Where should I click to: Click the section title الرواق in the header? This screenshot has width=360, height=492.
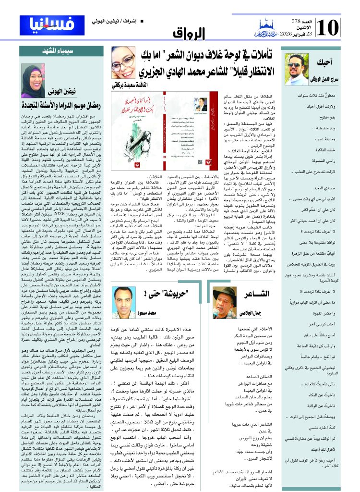pyautogui.click(x=193, y=33)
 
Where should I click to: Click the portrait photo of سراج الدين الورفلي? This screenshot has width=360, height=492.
pyautogui.click(x=294, y=68)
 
